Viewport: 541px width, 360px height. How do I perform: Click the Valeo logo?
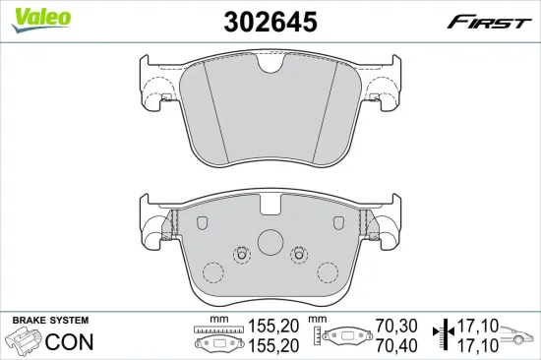tap(40, 20)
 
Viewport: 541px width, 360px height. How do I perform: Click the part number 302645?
tap(270, 22)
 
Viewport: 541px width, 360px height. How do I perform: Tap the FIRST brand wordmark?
tap(489, 23)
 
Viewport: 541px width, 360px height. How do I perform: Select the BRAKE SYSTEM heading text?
tap(50, 321)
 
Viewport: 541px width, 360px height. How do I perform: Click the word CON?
tap(70, 341)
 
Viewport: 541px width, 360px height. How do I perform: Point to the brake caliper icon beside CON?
tap(25, 339)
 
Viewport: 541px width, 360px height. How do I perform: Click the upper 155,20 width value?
tap(273, 326)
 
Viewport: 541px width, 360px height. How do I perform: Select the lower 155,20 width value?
tap(273, 345)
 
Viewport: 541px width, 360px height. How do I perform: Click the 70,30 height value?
tap(396, 326)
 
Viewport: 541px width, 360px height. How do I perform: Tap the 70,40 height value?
tap(396, 345)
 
